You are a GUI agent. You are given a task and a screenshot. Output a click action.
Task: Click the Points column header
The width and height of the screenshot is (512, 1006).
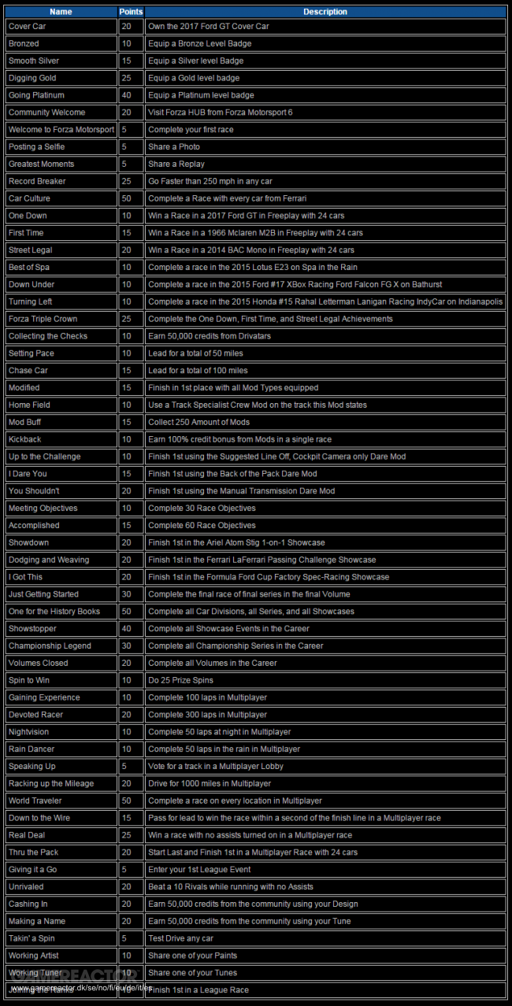pyautogui.click(x=131, y=12)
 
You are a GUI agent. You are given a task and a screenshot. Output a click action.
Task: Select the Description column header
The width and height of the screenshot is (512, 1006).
pyautogui.click(x=325, y=12)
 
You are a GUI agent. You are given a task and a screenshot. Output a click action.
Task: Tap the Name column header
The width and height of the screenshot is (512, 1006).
pyautogui.click(x=61, y=12)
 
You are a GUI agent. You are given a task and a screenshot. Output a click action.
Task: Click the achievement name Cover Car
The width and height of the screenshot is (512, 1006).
pyautogui.click(x=28, y=26)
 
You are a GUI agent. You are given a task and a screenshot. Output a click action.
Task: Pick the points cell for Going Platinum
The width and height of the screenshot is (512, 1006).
pyautogui.click(x=127, y=95)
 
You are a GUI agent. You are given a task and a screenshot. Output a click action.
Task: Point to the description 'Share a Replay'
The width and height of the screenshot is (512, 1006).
pyautogui.click(x=176, y=164)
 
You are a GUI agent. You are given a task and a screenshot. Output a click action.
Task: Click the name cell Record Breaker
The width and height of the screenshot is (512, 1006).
pyautogui.click(x=37, y=181)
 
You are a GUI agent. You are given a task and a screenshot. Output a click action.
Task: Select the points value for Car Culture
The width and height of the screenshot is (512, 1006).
pyautogui.click(x=127, y=198)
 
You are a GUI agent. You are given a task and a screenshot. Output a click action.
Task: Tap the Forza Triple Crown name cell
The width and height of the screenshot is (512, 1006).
pyautogui.click(x=43, y=319)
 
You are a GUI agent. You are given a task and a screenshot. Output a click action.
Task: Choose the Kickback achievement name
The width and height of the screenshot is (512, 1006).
pyautogui.click(x=25, y=439)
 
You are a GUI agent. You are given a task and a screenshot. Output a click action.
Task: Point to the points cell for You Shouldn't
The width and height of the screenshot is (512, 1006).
pyautogui.click(x=127, y=491)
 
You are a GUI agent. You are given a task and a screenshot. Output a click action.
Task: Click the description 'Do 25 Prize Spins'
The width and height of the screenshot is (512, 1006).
pyautogui.click(x=180, y=680)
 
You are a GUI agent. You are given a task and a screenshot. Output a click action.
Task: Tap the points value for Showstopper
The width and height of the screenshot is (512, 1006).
pyautogui.click(x=127, y=629)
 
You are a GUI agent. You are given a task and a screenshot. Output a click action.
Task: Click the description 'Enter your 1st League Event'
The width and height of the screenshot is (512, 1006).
pyautogui.click(x=199, y=870)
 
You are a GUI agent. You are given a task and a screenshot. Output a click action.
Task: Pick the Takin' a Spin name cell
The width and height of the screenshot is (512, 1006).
pyautogui.click(x=32, y=938)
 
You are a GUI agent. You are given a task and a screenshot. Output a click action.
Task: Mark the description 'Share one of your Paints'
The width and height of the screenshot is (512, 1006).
pyautogui.click(x=192, y=956)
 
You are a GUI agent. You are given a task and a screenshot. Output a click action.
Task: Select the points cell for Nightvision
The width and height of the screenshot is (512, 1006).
pyautogui.click(x=127, y=732)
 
